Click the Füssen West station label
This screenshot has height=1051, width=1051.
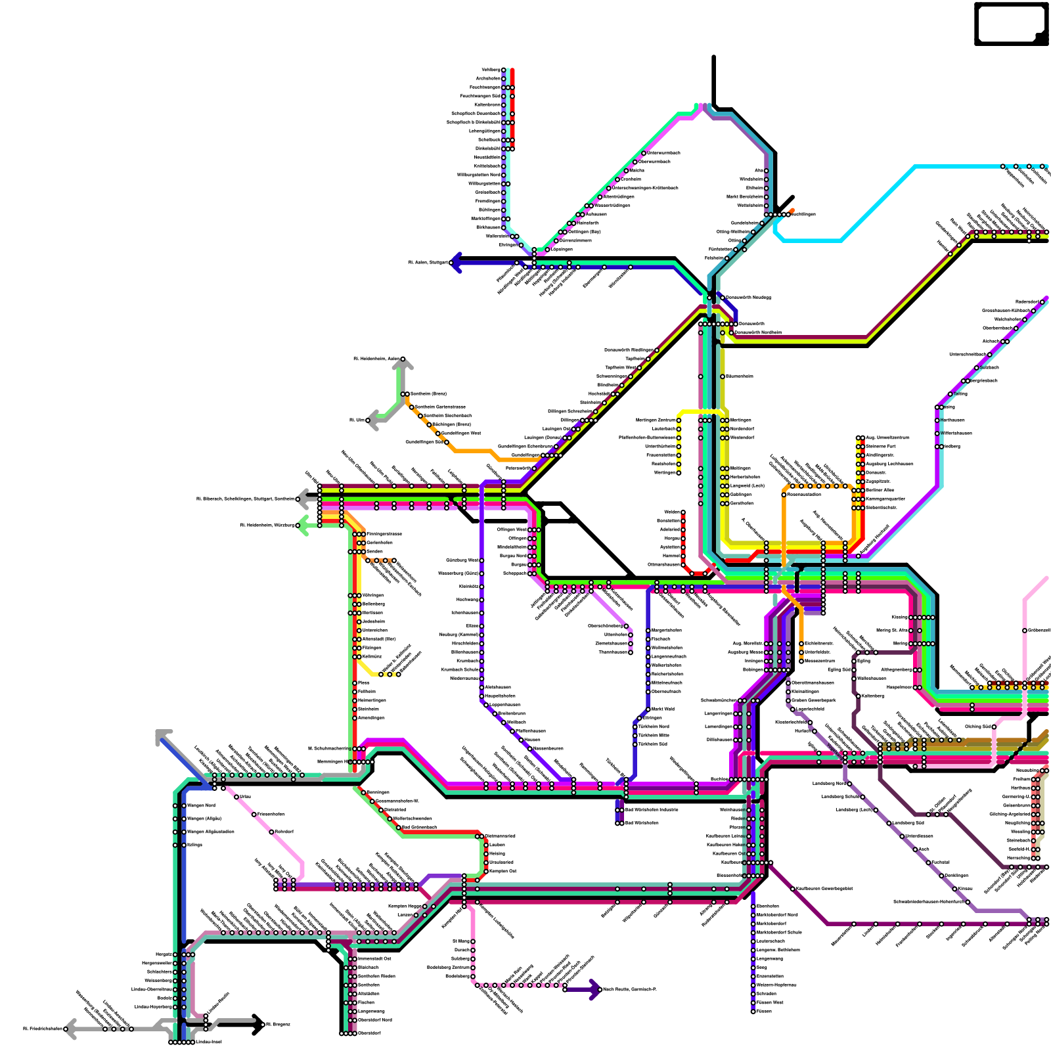pos(770,1002)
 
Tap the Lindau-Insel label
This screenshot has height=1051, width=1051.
pos(208,1042)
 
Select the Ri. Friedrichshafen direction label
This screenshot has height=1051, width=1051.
pos(43,1029)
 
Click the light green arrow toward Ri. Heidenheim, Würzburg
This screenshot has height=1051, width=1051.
pos(303,525)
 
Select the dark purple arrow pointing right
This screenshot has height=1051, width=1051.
pos(594,989)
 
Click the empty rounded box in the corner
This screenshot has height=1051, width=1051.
pos(1011,24)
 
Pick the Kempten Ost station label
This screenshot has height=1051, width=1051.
pos(503,871)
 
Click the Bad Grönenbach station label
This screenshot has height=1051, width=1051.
pos(419,827)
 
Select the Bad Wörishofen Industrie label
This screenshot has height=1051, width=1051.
pos(651,810)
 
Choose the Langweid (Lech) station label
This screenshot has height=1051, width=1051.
pos(747,485)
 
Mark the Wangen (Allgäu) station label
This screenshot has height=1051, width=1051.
pos(204,818)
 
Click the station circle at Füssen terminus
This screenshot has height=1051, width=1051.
pos(753,1012)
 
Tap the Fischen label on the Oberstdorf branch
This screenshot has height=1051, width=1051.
pos(366,1002)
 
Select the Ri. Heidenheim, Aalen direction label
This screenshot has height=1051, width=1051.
pos(376,359)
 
